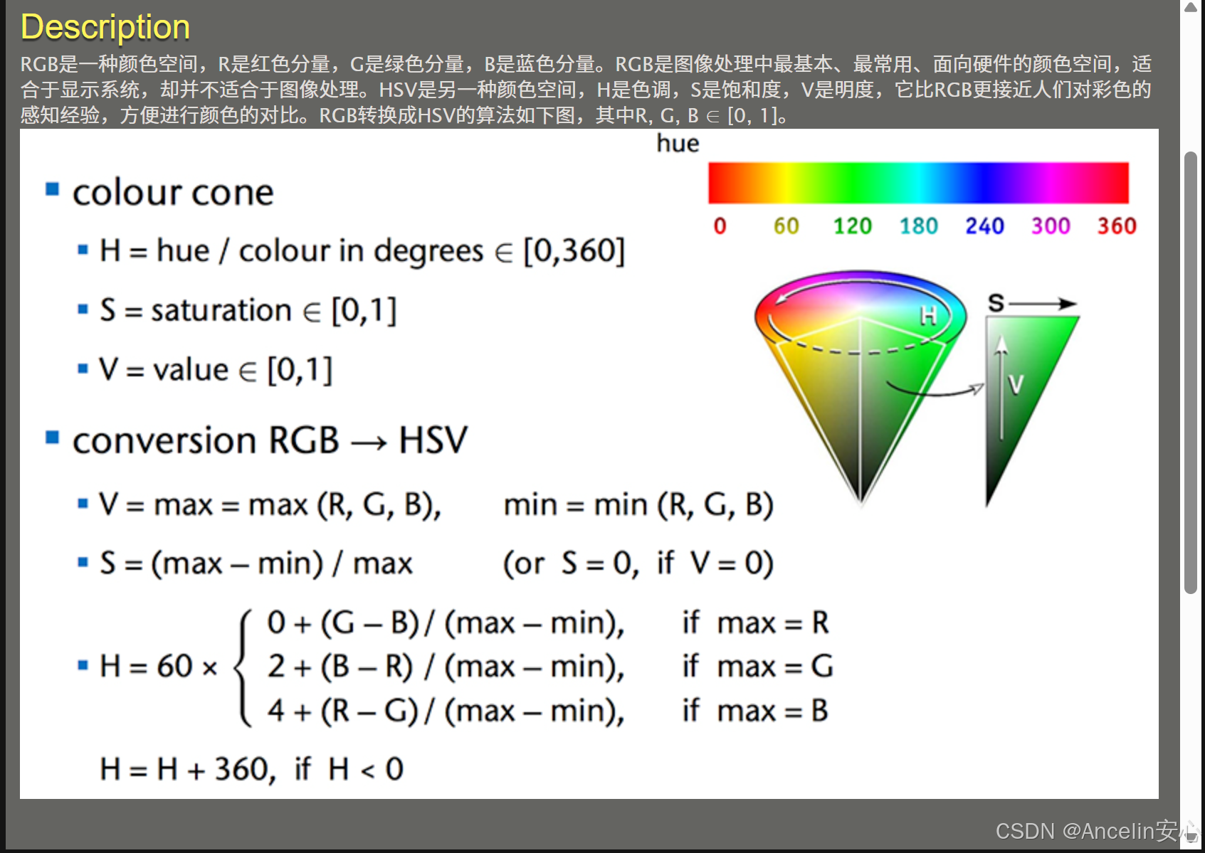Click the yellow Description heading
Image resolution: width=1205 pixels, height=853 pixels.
point(105,27)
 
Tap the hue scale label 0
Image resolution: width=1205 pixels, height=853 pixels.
point(720,226)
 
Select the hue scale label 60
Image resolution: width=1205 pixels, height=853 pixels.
point(786,226)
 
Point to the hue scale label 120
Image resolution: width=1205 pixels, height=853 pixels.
point(852,226)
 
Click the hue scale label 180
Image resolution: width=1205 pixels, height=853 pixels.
point(918,226)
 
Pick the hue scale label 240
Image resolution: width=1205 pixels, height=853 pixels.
point(984,226)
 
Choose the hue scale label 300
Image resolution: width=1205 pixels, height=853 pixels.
point(1051,226)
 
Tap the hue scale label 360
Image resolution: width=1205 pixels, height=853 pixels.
point(1117,226)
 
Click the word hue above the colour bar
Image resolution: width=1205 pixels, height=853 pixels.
point(678,144)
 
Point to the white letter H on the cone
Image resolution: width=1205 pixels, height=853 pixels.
point(929,315)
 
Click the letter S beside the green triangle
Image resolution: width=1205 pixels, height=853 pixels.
point(996,303)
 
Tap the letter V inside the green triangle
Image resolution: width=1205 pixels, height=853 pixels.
point(1016,385)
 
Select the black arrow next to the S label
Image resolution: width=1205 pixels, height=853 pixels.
point(1043,304)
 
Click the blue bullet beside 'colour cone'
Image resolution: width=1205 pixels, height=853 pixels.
point(52,189)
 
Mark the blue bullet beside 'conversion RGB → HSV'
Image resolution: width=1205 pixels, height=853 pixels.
point(52,438)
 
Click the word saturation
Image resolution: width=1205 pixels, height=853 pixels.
point(221,310)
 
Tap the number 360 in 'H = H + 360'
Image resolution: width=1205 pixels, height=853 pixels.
point(241,768)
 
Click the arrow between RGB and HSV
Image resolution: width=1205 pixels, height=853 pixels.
point(369,443)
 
